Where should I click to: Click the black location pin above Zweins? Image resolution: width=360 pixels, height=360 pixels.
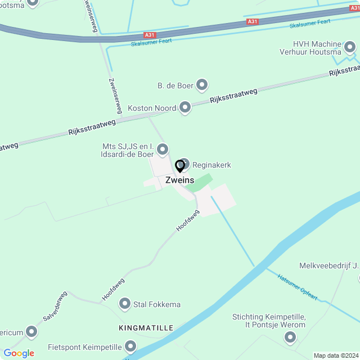pyautogui.click(x=179, y=166)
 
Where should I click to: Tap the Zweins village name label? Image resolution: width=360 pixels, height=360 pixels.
pyautogui.click(x=179, y=181)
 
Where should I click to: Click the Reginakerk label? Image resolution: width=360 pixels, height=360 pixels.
pyautogui.click(x=211, y=165)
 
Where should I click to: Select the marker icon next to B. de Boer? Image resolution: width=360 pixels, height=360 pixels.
pyautogui.click(x=202, y=85)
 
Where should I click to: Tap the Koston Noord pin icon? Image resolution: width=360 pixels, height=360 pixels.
pyautogui.click(x=185, y=107)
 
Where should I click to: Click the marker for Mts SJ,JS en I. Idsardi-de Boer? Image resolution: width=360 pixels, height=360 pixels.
pyautogui.click(x=163, y=149)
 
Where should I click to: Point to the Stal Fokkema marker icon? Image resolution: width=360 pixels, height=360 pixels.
pyautogui.click(x=124, y=304)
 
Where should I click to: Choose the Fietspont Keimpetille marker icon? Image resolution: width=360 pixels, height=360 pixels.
pyautogui.click(x=130, y=345)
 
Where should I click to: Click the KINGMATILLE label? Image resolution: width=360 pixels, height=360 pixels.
pyautogui.click(x=146, y=327)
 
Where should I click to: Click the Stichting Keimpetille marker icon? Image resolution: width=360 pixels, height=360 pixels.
pyautogui.click(x=290, y=337)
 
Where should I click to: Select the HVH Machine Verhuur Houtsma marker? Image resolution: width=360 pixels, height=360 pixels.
pyautogui.click(x=350, y=48)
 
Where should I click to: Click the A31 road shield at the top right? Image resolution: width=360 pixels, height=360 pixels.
pyautogui.click(x=253, y=22)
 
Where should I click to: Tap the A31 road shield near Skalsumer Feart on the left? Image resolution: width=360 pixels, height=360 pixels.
pyautogui.click(x=150, y=35)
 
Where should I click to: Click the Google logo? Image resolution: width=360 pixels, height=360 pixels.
pyautogui.click(x=19, y=353)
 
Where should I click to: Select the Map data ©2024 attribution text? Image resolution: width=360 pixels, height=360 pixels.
pyautogui.click(x=336, y=355)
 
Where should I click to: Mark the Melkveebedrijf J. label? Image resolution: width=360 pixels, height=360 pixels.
pyautogui.click(x=328, y=265)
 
